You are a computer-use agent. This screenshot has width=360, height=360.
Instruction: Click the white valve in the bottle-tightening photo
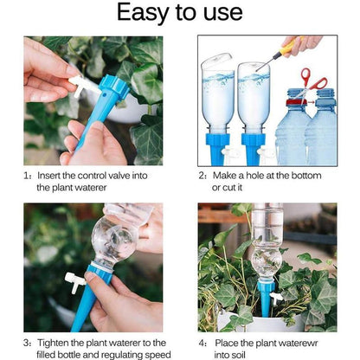pyautogui.click(x=74, y=282)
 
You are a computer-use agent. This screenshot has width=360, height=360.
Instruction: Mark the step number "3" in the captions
pyautogui.click(x=27, y=342)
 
